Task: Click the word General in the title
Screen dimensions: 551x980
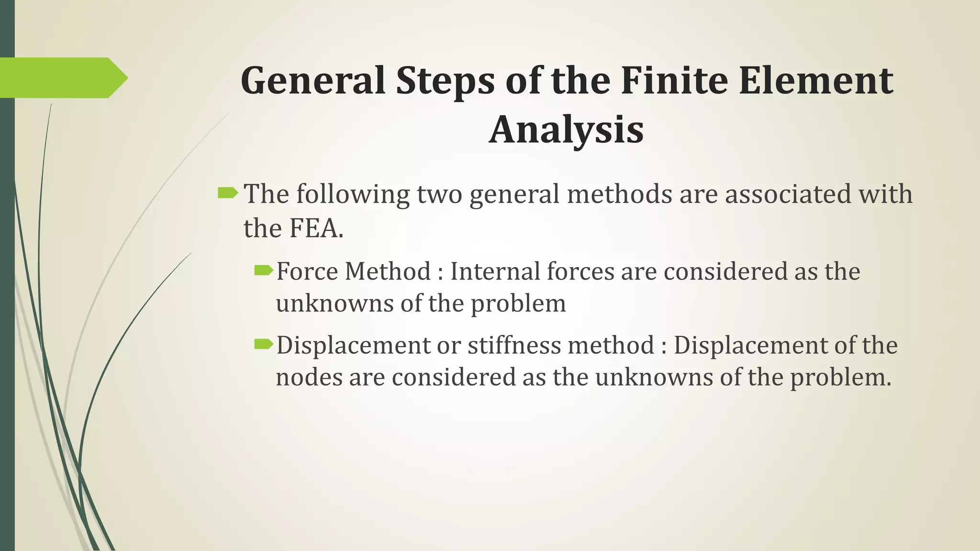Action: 312,80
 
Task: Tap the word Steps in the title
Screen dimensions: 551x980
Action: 445,80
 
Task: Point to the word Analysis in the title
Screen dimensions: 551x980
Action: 566,130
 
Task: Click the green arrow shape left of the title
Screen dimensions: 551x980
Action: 62,77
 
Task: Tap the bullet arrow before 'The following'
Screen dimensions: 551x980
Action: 228,193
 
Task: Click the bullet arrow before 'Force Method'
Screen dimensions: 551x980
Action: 263,271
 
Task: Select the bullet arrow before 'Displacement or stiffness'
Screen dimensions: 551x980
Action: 263,344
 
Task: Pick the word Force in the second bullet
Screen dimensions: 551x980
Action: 307,271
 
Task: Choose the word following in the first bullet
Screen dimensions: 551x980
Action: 353,195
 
